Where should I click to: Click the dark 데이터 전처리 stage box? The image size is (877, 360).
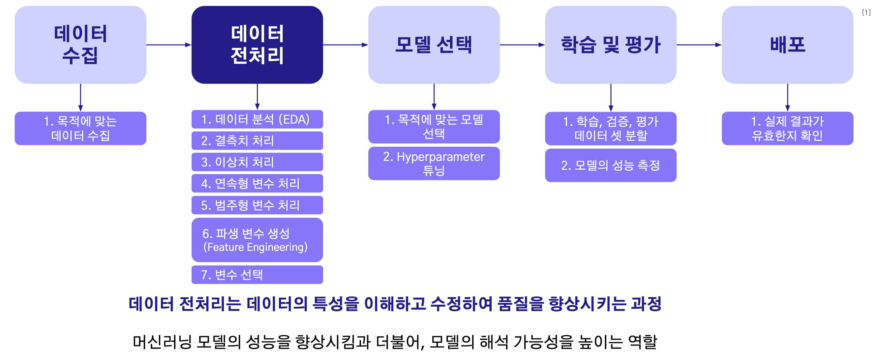pyautogui.click(x=257, y=45)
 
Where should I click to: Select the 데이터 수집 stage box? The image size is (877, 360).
pyautogui.click(x=80, y=45)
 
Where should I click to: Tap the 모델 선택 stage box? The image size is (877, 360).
pyautogui.click(x=434, y=45)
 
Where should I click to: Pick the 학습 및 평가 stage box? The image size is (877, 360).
pyautogui.click(x=610, y=45)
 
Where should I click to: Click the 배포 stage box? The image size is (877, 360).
pyautogui.click(x=787, y=45)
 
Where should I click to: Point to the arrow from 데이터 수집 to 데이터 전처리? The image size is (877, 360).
pyautogui.click(x=169, y=45)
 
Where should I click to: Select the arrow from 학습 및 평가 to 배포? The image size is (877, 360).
pyautogui.click(x=699, y=45)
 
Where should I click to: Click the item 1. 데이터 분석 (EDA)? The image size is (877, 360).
pyautogui.click(x=257, y=119)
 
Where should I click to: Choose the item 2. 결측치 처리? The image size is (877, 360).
pyautogui.click(x=257, y=140)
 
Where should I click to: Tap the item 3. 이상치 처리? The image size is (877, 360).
pyautogui.click(x=257, y=162)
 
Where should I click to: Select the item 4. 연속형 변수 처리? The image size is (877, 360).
pyautogui.click(x=257, y=183)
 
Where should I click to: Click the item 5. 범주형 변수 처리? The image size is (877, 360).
pyautogui.click(x=257, y=205)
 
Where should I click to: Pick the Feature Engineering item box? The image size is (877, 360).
pyautogui.click(x=257, y=240)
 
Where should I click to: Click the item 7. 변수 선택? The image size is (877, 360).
pyautogui.click(x=257, y=275)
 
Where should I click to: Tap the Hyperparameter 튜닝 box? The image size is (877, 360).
pyautogui.click(x=434, y=163)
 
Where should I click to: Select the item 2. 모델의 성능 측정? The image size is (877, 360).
pyautogui.click(x=610, y=165)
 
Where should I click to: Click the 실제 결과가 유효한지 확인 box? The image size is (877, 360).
pyautogui.click(x=787, y=128)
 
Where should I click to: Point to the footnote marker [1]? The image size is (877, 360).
pyautogui.click(x=866, y=13)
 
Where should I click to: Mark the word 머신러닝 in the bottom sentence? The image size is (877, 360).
pyautogui.click(x=163, y=342)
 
